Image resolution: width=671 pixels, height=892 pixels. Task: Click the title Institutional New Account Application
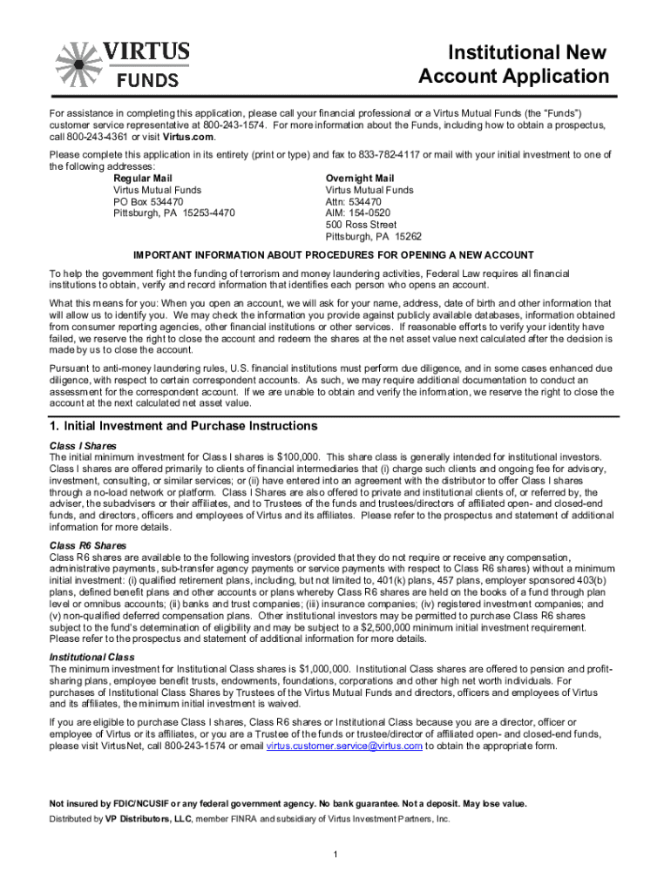tap(513, 64)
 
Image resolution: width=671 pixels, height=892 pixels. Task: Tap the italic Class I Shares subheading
tap(83, 445)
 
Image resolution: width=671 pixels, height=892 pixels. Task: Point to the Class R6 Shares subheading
tap(88, 546)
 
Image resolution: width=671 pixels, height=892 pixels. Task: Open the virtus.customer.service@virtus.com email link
tap(344, 747)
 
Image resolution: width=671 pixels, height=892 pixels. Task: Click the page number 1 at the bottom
tap(335, 852)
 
